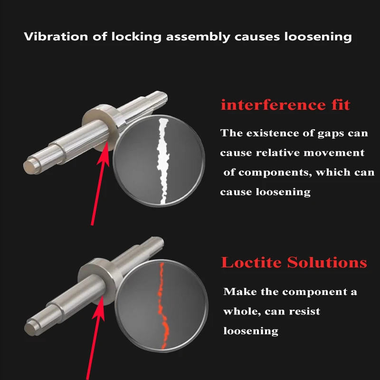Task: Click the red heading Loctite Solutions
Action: [x=294, y=262]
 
